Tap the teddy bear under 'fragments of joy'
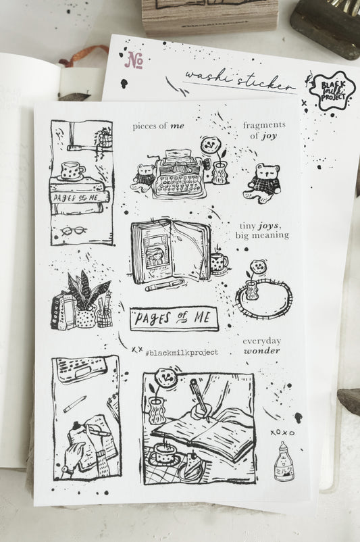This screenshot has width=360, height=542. pyautogui.click(x=262, y=180)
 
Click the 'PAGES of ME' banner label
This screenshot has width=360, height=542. pyautogui.click(x=174, y=317)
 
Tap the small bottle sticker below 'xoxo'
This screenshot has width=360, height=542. pyautogui.click(x=284, y=462)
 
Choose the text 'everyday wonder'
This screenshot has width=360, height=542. pyautogui.click(x=262, y=346)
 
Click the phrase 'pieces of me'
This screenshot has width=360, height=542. pyautogui.click(x=158, y=126)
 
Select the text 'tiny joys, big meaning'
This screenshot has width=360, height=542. pyautogui.click(x=262, y=230)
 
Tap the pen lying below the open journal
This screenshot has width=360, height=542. pyautogui.click(x=163, y=286)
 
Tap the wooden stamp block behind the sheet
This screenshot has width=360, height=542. pyautogui.click(x=209, y=15)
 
